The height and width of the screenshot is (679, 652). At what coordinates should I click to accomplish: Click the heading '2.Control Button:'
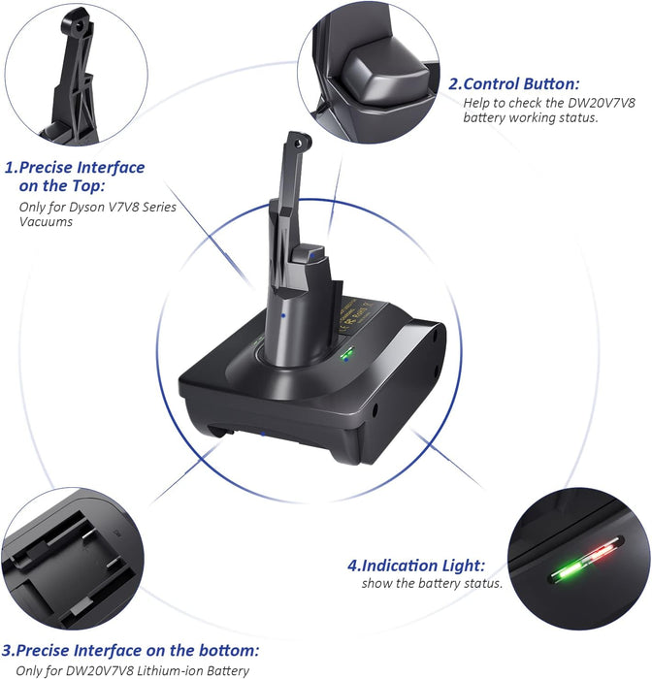pyautogui.click(x=513, y=84)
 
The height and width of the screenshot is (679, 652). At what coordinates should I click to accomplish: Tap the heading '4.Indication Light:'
pyautogui.click(x=416, y=566)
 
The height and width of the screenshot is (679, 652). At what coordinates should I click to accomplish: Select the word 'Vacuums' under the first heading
pyautogui.click(x=46, y=222)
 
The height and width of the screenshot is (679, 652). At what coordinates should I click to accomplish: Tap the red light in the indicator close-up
pyautogui.click(x=604, y=552)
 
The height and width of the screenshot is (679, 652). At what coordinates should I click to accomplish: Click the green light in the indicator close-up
pyautogui.click(x=569, y=571)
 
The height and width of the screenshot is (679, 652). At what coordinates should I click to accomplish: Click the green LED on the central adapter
pyautogui.click(x=346, y=355)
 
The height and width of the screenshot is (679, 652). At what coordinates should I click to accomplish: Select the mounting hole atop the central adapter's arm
pyautogui.click(x=298, y=143)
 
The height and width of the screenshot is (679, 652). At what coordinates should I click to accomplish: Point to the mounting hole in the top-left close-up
pyautogui.click(x=79, y=26)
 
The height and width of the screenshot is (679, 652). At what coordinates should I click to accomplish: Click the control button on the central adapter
pyautogui.click(x=308, y=254)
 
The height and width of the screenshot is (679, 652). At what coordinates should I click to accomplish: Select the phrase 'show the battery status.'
pyautogui.click(x=432, y=583)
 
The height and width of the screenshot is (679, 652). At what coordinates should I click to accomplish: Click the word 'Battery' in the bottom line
pyautogui.click(x=228, y=671)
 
